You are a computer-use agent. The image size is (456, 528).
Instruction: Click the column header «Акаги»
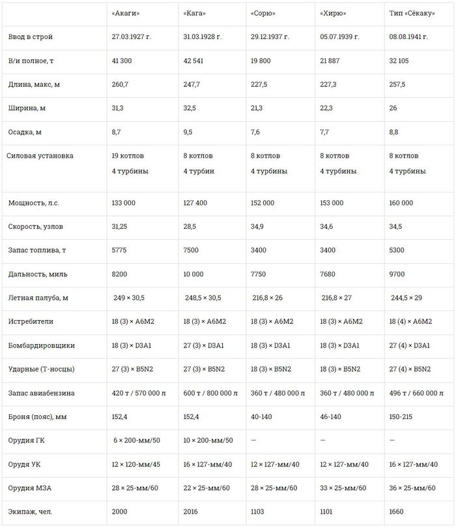click(x=126, y=12)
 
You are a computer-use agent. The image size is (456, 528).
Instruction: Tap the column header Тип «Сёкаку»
click(x=409, y=12)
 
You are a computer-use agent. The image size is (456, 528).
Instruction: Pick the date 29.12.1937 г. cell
click(x=272, y=36)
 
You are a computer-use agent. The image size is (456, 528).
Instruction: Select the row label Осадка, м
click(x=25, y=132)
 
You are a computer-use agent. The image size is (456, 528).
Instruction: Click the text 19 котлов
click(x=128, y=156)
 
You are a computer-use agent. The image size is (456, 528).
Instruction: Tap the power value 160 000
click(x=401, y=203)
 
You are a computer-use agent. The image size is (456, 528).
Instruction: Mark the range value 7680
click(x=329, y=274)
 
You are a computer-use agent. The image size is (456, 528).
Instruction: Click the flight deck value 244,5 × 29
click(x=406, y=297)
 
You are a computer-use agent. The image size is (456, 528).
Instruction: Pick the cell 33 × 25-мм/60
click(x=344, y=488)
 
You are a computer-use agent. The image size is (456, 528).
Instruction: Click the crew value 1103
click(x=259, y=512)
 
